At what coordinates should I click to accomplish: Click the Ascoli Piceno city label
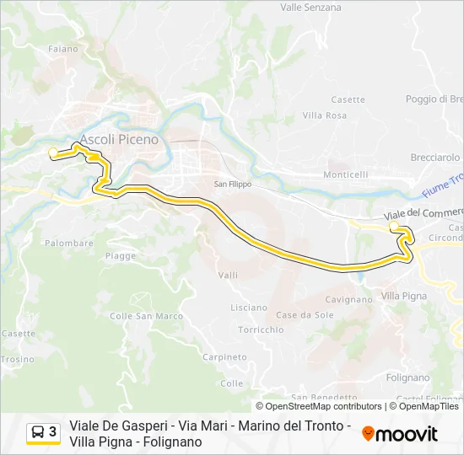[x=119, y=139]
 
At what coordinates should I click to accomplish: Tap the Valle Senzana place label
[x=310, y=8]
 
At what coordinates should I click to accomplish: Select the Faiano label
[x=63, y=49]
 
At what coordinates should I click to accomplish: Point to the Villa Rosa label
[x=324, y=115]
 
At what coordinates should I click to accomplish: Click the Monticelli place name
[x=346, y=174]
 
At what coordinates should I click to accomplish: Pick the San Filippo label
[x=233, y=184]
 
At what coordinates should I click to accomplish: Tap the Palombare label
[x=69, y=243]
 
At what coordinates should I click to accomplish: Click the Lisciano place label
[x=249, y=308]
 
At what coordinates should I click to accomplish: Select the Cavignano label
[x=348, y=299]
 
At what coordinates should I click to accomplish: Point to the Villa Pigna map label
[x=404, y=296]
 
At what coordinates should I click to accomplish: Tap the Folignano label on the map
[x=407, y=377]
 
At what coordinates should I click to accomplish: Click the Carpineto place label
[x=224, y=357]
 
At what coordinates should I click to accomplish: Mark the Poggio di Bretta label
[x=434, y=99]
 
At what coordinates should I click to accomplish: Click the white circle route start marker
[x=53, y=153]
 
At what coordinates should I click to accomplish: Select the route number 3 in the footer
[x=53, y=432]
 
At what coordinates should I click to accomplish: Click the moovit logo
[x=400, y=434]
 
